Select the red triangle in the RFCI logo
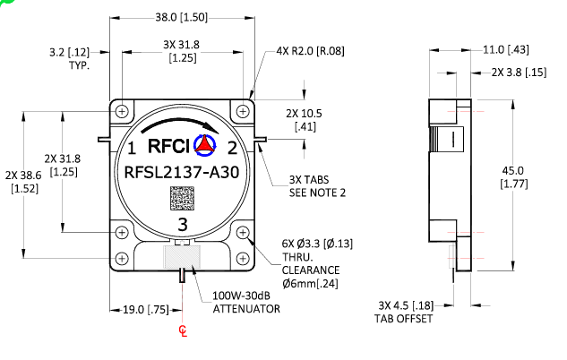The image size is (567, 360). click(206, 144)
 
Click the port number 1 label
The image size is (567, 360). click(131, 148)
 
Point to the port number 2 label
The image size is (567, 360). click(231, 148)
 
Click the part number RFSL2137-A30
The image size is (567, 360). click(183, 173)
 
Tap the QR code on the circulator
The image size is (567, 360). click(183, 198)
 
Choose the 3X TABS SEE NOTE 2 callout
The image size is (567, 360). click(316, 185)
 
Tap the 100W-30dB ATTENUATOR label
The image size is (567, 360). click(246, 302)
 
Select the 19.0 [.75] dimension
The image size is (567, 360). click(146, 310)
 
